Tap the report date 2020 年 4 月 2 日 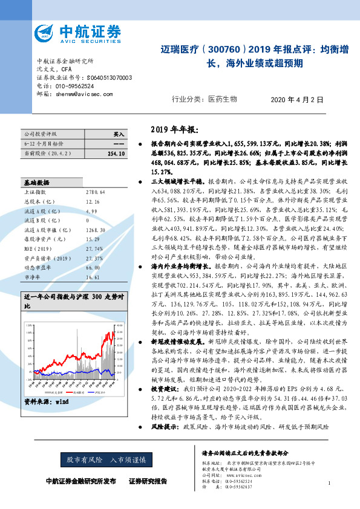pos(297,100)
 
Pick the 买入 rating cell pos(119,134)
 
